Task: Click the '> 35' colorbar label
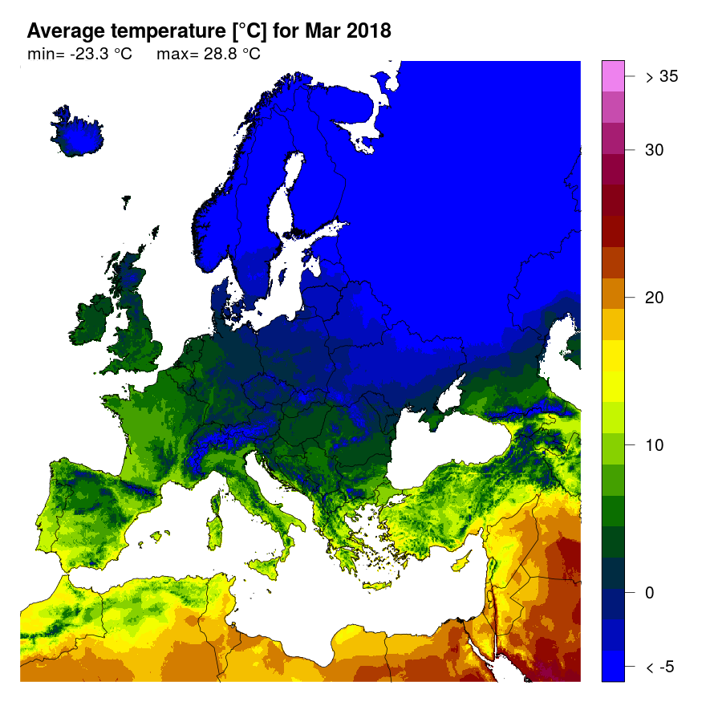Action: (x=662, y=77)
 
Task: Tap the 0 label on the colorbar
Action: (x=650, y=593)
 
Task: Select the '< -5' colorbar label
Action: (x=662, y=667)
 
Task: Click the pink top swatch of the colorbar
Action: (x=613, y=77)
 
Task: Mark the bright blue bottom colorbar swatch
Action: (x=613, y=666)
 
